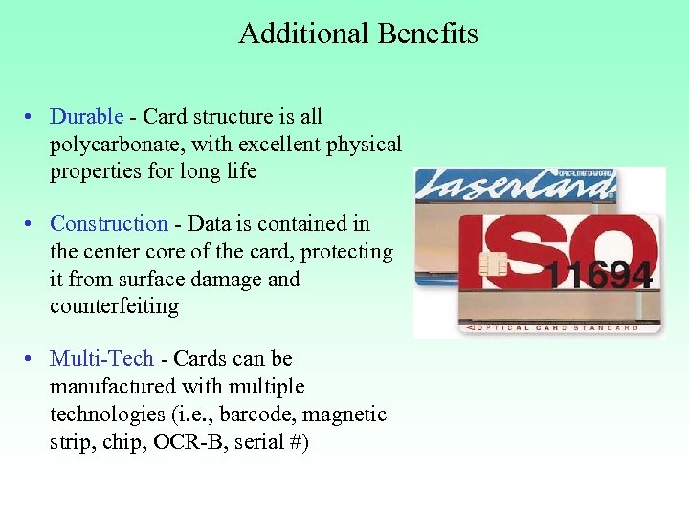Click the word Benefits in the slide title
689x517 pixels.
pyautogui.click(x=428, y=34)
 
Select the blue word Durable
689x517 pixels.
pyautogui.click(x=86, y=117)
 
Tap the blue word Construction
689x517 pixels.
pyautogui.click(x=108, y=224)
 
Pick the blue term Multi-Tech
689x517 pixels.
pyautogui.click(x=101, y=359)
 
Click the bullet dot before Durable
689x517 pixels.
pyautogui.click(x=31, y=118)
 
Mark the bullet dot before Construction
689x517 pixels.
pyautogui.click(x=31, y=225)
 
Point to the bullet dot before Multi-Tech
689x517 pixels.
pyautogui.click(x=31, y=360)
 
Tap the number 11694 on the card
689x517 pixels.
pyautogui.click(x=601, y=275)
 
